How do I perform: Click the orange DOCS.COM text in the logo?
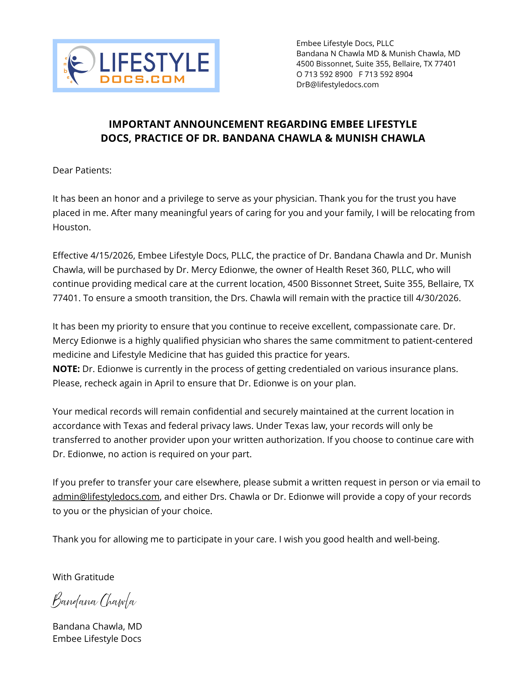point(142,79)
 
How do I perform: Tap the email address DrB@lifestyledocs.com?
point(337,84)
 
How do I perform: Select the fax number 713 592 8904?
point(388,74)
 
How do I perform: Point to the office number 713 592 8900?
point(328,74)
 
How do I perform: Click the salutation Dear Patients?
point(82,170)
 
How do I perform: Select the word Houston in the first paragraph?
point(71,227)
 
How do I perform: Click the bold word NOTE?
point(66,369)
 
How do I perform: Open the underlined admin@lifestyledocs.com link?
point(106,497)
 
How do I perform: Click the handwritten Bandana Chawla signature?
point(94,601)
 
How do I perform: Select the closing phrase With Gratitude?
point(83,577)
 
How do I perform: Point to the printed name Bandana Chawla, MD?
point(97,626)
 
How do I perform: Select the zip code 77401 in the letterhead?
point(445,64)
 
